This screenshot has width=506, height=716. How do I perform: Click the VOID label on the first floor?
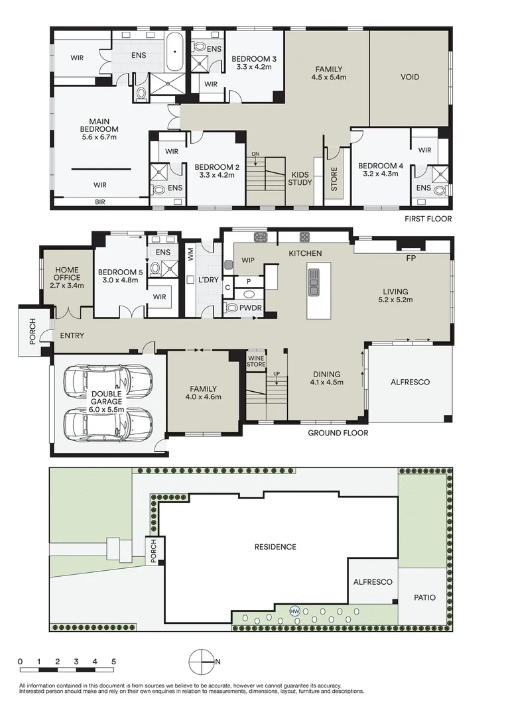[x=410, y=77]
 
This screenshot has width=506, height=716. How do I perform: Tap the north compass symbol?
[x=202, y=662]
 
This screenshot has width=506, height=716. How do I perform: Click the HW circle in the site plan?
[x=295, y=611]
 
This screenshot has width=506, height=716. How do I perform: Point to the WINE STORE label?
[x=256, y=361]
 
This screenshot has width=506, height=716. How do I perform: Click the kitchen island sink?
[x=314, y=282]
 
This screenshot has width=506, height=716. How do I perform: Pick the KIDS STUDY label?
[x=300, y=178]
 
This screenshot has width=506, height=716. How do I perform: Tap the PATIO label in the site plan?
[x=424, y=597]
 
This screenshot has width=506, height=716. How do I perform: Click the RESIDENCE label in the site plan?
[x=275, y=546]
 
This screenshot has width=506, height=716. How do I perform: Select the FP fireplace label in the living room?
[x=411, y=258]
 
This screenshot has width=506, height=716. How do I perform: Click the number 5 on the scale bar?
[x=113, y=661]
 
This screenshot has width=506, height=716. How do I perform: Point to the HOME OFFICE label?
[x=67, y=274]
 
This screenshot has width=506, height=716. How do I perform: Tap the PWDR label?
[x=251, y=308]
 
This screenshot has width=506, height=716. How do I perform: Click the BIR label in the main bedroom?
[x=100, y=202]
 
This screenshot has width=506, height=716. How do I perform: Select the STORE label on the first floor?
[x=334, y=179]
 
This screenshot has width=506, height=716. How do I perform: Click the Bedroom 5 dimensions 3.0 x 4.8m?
[x=121, y=280]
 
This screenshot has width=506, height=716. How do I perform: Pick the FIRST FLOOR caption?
[x=428, y=219]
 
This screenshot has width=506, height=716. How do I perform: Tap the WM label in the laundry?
[x=191, y=255]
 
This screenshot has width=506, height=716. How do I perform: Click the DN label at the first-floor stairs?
[x=255, y=153]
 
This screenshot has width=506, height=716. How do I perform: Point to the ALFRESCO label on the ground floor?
[x=410, y=382]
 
